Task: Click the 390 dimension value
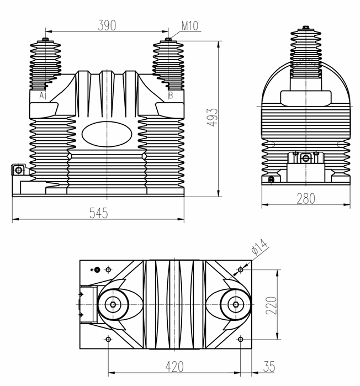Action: (x=107, y=25)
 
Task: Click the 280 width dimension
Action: (x=305, y=199)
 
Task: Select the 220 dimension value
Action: (x=271, y=304)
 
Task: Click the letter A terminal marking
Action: (x=41, y=96)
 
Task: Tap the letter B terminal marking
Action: (x=170, y=96)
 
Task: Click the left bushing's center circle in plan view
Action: (x=113, y=304)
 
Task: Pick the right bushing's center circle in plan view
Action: (x=236, y=304)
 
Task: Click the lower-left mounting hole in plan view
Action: (x=108, y=339)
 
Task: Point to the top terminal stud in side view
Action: (x=305, y=28)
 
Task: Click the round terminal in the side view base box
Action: (x=305, y=158)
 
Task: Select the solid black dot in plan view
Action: (x=97, y=269)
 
